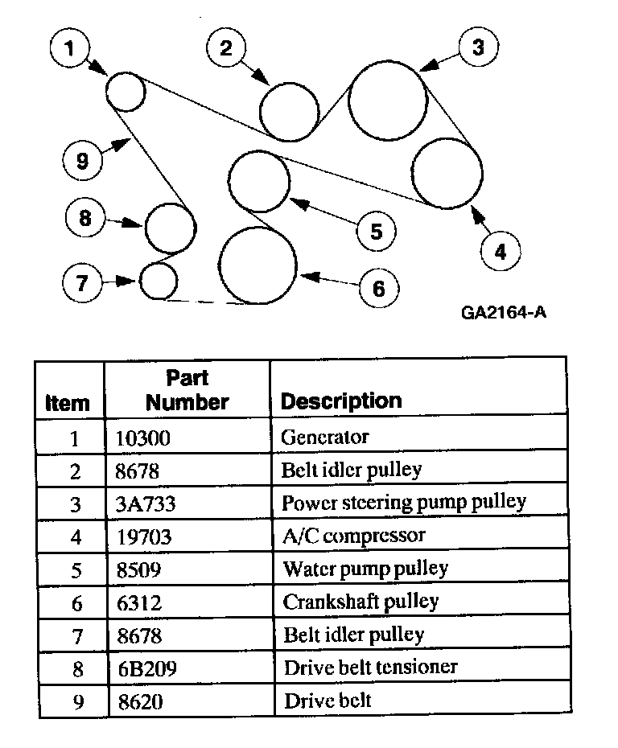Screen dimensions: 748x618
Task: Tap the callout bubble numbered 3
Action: coord(478,47)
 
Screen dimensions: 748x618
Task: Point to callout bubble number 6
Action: coord(379,287)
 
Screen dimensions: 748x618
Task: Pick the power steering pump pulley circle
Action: coord(386,101)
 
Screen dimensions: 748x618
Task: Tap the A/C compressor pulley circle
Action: coord(447,173)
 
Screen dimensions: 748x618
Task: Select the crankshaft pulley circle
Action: coord(258,265)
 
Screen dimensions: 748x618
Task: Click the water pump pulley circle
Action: coord(259,180)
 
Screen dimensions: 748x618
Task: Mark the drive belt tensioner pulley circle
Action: coord(170,228)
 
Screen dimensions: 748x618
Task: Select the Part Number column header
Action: coord(187,389)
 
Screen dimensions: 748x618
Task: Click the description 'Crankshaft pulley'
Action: coord(360,602)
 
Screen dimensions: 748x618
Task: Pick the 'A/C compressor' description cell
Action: coord(352,535)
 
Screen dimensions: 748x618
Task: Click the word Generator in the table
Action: coord(324,438)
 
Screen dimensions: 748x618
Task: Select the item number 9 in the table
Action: coord(76,701)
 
